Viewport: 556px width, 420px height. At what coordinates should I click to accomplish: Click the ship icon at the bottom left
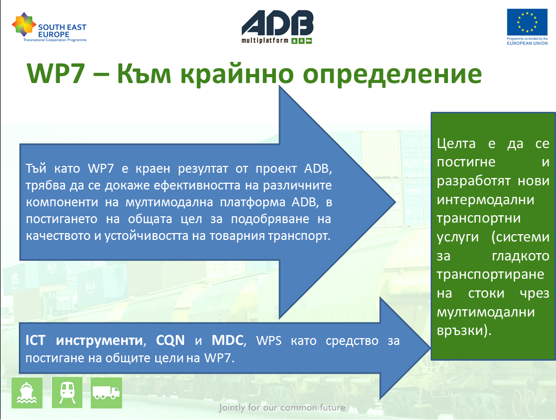[27, 393]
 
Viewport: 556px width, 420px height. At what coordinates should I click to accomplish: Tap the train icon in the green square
[67, 393]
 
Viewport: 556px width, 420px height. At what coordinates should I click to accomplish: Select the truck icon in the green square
[106, 393]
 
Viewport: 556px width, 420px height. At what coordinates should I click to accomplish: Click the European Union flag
[527, 23]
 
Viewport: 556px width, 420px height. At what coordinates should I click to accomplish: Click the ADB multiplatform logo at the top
[277, 27]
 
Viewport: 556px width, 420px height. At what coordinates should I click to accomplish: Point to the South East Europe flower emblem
[24, 24]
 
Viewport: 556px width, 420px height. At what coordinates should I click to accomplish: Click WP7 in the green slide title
[56, 73]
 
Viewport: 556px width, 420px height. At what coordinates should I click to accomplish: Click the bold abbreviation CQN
[170, 341]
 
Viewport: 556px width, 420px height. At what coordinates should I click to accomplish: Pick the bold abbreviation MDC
[227, 340]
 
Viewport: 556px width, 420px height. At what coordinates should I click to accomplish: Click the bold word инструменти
[99, 341]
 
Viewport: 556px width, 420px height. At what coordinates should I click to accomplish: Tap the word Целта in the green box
[456, 144]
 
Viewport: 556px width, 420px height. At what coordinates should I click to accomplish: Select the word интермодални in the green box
[485, 200]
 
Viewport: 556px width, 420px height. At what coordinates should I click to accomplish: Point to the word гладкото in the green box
[520, 256]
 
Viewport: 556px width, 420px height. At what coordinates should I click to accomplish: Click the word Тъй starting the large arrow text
[36, 169]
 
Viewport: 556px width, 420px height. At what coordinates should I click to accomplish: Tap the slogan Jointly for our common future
[282, 407]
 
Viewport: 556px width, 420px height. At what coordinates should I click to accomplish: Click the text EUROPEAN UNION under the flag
[527, 44]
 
